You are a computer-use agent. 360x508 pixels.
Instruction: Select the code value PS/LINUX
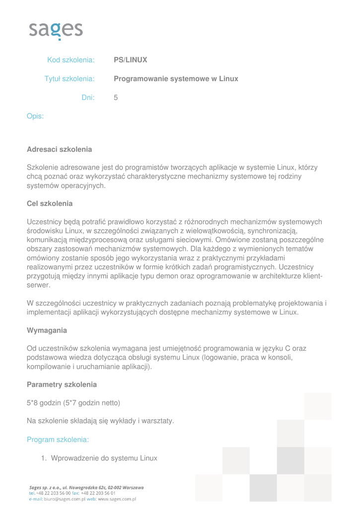[x=130, y=60]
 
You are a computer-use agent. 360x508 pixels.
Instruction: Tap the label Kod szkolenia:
[x=71, y=60]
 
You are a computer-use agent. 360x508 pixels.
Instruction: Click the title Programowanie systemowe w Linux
[x=176, y=79]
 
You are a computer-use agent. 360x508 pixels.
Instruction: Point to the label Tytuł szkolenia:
[x=70, y=79]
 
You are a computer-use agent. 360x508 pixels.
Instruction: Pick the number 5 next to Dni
[x=116, y=98]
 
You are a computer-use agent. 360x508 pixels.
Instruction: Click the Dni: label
[x=88, y=98]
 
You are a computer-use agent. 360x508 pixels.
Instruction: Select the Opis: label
[x=35, y=117]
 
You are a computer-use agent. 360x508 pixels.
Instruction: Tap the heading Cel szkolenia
[x=50, y=203]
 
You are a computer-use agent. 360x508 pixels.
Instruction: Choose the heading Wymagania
[x=47, y=330]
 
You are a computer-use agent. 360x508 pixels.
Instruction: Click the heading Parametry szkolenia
[x=62, y=384]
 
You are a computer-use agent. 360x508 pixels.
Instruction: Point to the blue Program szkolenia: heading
[x=58, y=440]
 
